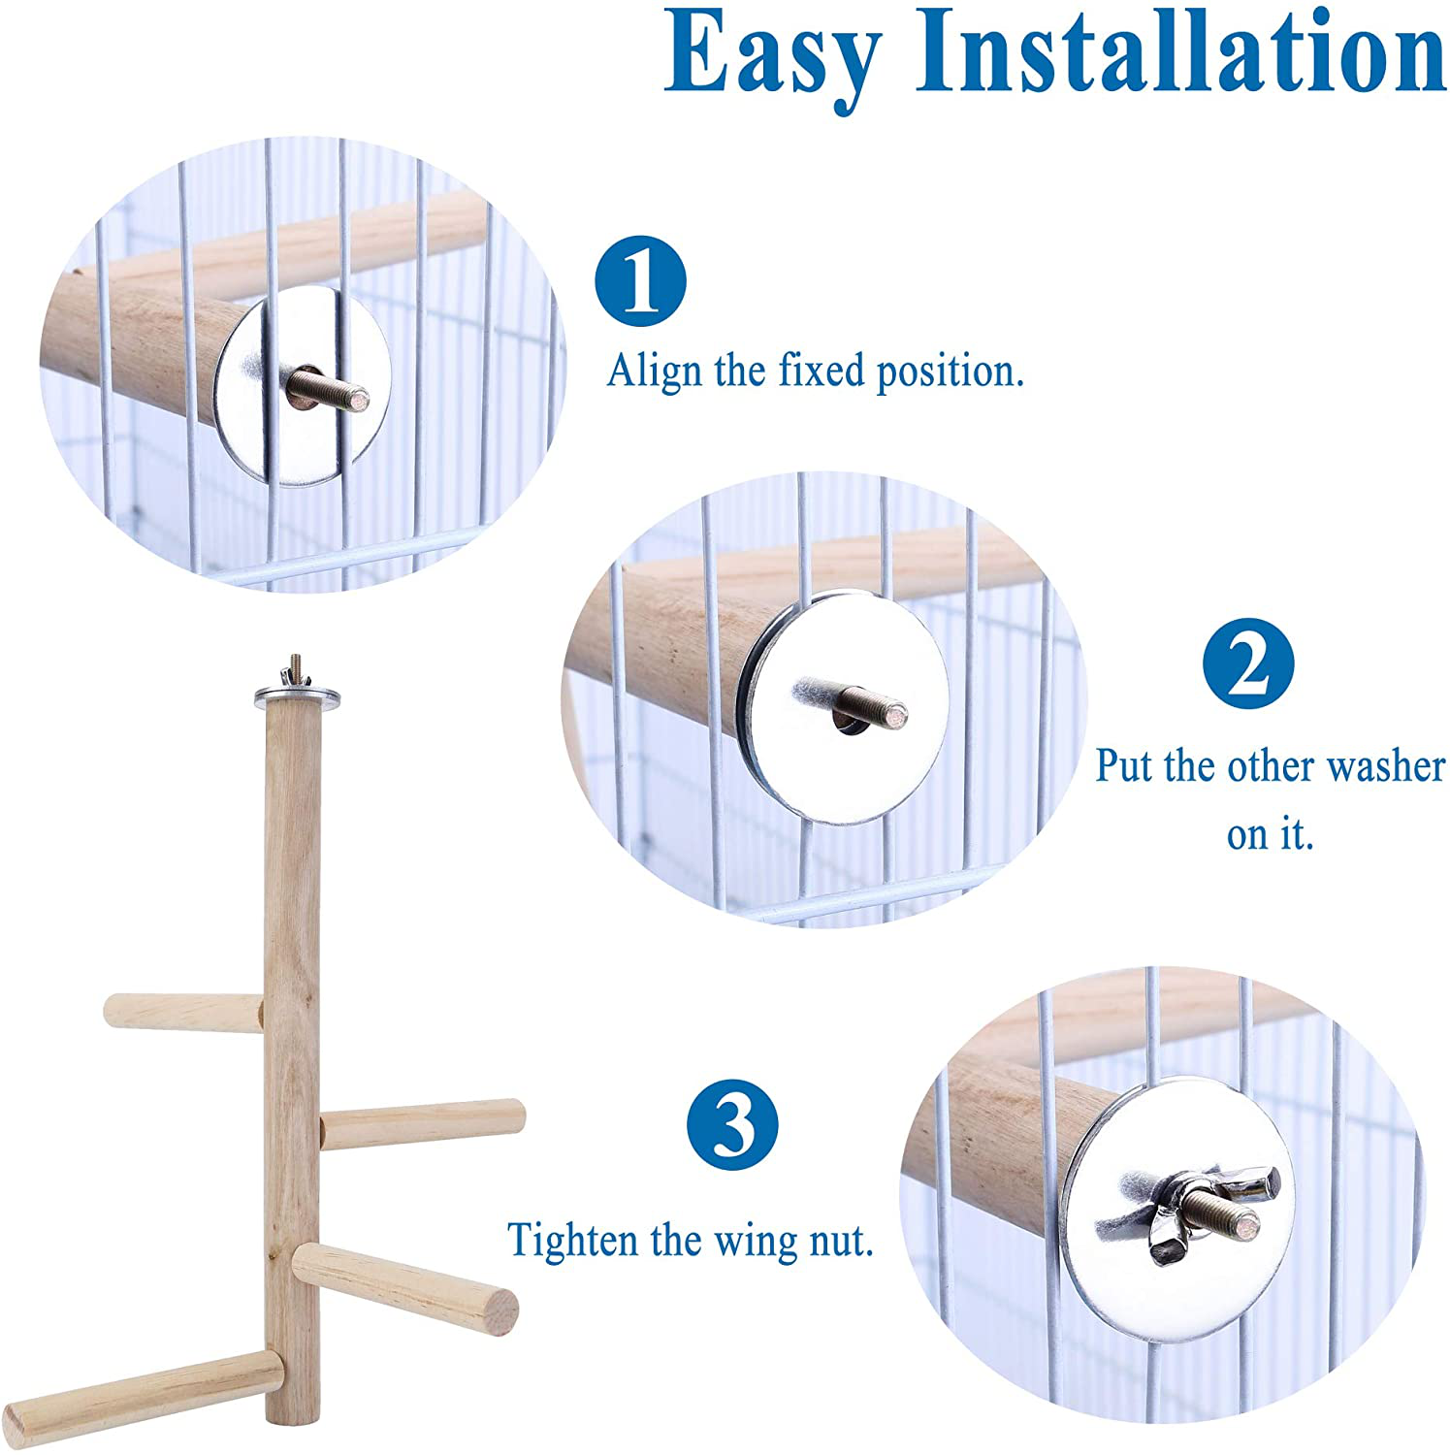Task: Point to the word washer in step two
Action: pos(1385,766)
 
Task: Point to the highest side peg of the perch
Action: pos(183,1011)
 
